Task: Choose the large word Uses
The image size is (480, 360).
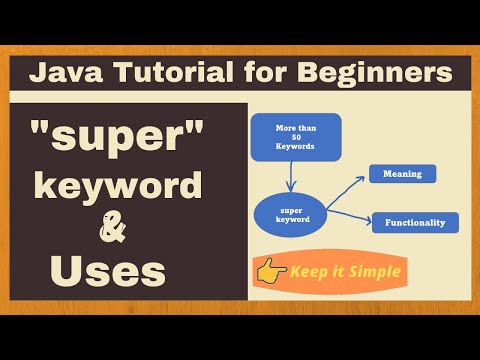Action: pos(108,270)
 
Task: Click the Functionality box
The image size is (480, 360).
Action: pos(415,222)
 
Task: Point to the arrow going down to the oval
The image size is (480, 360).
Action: pos(288,174)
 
